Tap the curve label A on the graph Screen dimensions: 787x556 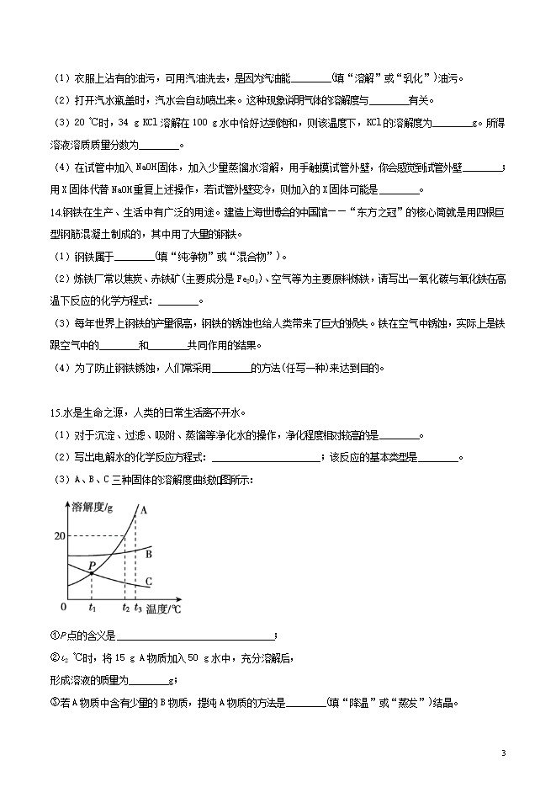pos(143,510)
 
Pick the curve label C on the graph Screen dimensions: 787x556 pos(148,581)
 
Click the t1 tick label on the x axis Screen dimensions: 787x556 pos(92,606)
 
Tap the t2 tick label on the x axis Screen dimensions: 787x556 pos(125,606)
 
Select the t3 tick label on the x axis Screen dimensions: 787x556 pos(138,606)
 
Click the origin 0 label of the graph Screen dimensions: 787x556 pos(63,606)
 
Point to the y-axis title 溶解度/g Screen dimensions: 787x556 pos(93,507)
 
